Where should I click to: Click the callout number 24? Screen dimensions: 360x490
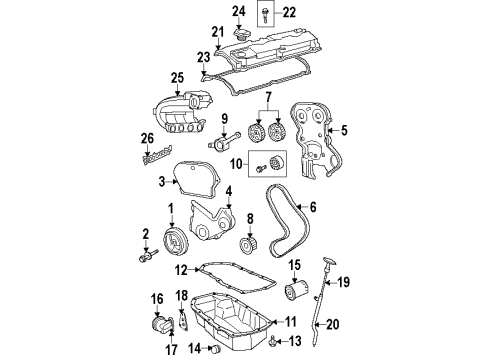coord(237,12)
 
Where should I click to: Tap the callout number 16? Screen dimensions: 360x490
coord(156,299)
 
